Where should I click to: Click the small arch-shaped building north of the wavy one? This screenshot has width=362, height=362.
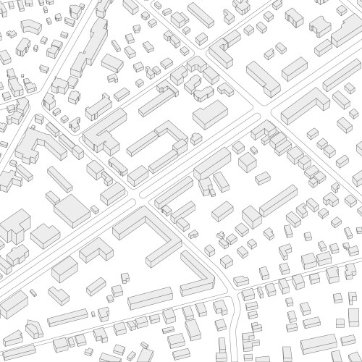click(195, 67)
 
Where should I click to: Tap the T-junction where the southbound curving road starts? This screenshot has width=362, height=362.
click(233, 292)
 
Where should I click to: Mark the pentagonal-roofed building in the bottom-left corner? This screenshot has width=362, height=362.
click(32, 330)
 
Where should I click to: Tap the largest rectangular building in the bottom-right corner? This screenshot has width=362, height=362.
click(319, 344)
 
